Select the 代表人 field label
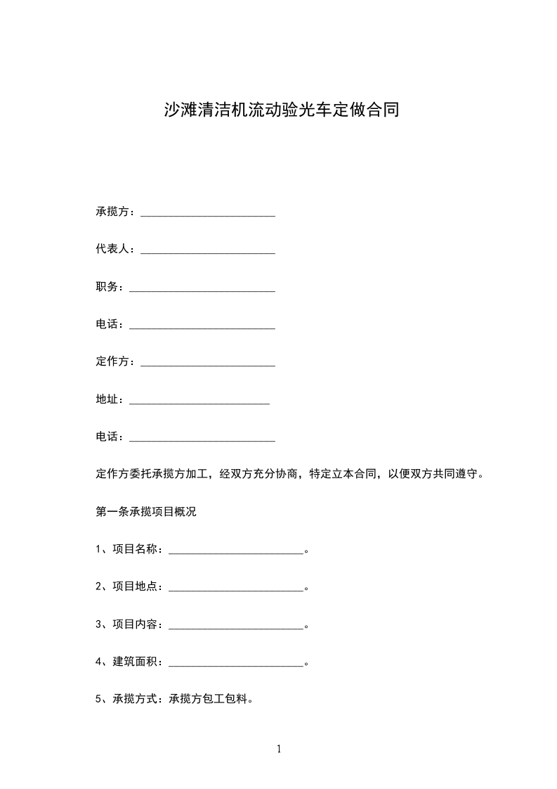[x=112, y=250]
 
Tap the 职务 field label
[x=107, y=288]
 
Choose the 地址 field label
[x=107, y=399]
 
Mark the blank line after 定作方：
[x=208, y=364]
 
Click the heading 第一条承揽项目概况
[x=146, y=512]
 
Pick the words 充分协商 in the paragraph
[x=265, y=474]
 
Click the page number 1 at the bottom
[x=279, y=750]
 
